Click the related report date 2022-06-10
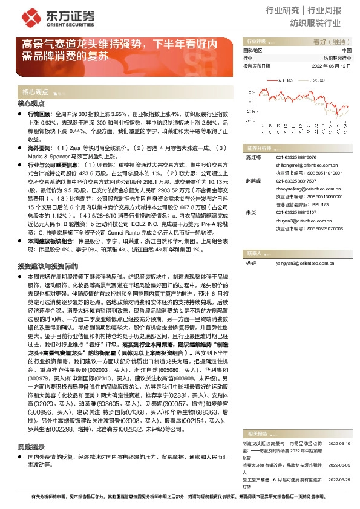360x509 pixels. (x=339, y=444)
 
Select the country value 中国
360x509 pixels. (x=347, y=50)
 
